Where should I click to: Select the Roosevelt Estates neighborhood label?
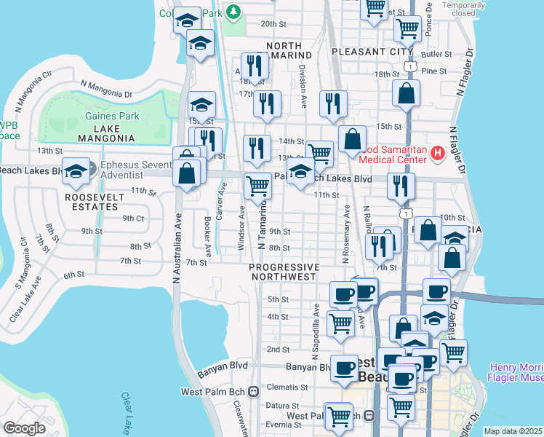click(91, 202)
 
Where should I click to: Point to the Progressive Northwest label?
click(284, 272)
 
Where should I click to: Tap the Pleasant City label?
click(371, 52)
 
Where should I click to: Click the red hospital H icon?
click(437, 153)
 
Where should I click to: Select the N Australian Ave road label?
click(177, 248)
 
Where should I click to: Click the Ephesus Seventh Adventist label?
click(134, 170)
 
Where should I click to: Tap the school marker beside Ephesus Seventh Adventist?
click(76, 171)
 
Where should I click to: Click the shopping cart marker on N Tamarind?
click(257, 186)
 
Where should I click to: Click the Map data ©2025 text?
click(513, 431)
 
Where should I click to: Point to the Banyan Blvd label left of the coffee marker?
click(303, 367)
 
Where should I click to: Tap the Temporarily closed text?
click(473, 9)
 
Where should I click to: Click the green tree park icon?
click(233, 11)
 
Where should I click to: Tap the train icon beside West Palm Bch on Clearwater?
click(254, 391)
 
